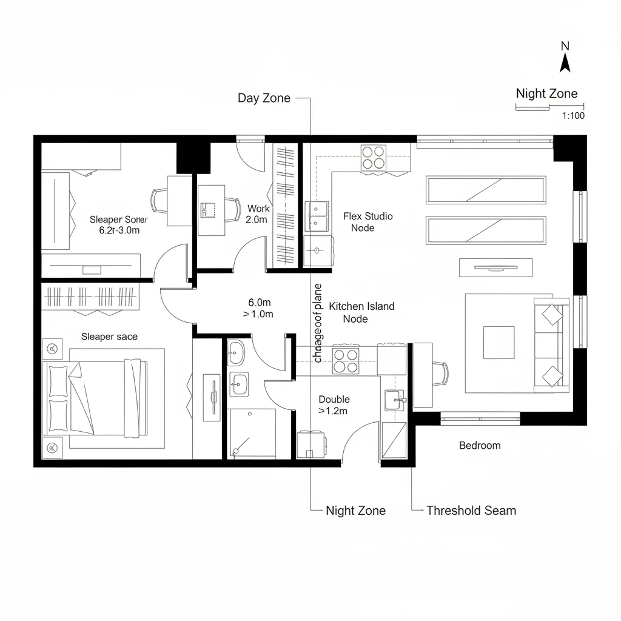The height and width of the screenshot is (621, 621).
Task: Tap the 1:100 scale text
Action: click(573, 116)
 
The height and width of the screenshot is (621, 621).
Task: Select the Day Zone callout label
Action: click(264, 98)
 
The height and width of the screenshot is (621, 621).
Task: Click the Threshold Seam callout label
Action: click(471, 511)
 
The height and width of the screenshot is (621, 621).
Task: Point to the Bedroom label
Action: click(480, 446)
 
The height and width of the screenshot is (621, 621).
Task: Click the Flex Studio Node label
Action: click(368, 222)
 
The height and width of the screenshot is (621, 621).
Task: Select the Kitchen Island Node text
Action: click(361, 312)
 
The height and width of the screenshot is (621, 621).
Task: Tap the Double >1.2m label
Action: click(334, 405)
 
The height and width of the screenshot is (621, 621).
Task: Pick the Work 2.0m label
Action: click(257, 214)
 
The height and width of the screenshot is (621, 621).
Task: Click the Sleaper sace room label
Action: click(109, 337)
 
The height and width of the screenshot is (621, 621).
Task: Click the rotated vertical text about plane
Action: click(318, 323)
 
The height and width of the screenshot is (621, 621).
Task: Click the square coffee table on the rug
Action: click(498, 343)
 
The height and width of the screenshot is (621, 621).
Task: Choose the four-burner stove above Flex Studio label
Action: click(374, 157)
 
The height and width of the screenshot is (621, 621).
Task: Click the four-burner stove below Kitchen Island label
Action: click(346, 361)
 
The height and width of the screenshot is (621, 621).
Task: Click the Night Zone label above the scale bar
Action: click(546, 94)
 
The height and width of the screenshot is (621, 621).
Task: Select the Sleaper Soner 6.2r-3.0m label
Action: click(118, 225)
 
